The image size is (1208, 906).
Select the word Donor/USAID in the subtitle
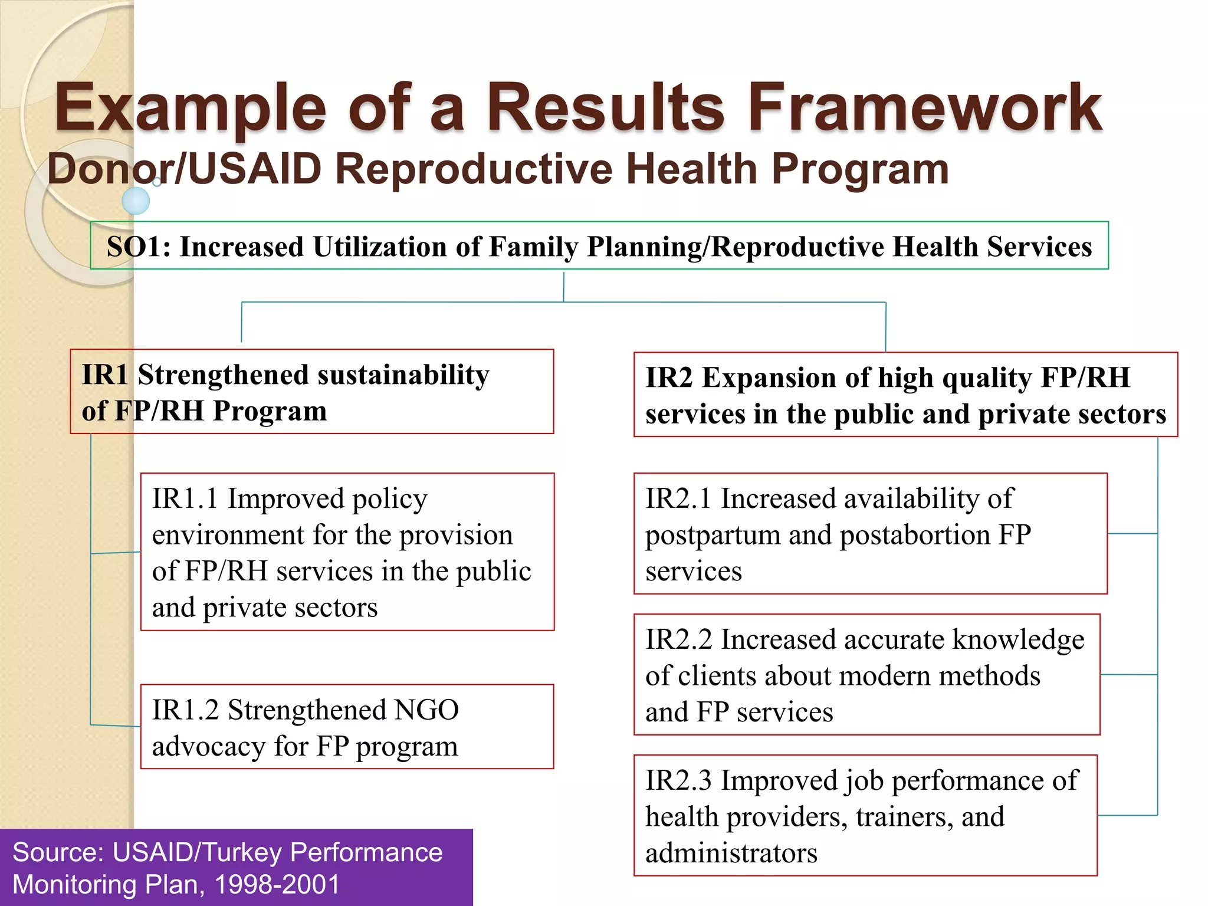[184, 169]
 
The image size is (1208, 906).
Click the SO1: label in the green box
[139, 247]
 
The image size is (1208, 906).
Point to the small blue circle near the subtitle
[136, 201]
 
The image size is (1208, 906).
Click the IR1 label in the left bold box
[104, 375]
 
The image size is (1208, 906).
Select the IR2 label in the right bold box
[669, 377]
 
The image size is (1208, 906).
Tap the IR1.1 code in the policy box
[185, 498]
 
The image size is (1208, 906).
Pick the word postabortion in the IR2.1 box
[915, 535]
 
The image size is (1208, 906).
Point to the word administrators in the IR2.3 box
[731, 853]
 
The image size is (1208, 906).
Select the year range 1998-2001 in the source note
[277, 884]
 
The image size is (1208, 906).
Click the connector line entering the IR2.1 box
[1132, 533]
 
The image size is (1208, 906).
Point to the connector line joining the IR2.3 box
[1127, 815]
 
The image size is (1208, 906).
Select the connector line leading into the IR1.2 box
[116, 725]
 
